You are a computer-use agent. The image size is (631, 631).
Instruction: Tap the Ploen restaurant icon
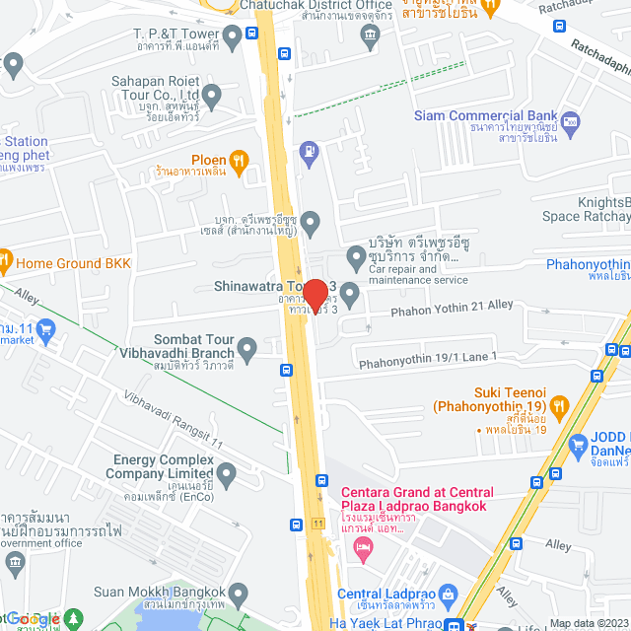click(237, 160)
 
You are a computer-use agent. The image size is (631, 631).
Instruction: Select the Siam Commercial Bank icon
click(571, 123)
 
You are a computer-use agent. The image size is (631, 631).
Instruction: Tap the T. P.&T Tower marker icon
click(233, 38)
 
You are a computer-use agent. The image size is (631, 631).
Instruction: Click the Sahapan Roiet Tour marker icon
click(212, 95)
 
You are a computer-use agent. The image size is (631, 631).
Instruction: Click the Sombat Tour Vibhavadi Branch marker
click(246, 347)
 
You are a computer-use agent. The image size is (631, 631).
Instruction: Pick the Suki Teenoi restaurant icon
click(560, 404)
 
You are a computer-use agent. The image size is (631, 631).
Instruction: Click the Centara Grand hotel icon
click(364, 546)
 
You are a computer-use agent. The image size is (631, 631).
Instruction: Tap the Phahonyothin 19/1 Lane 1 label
click(428, 357)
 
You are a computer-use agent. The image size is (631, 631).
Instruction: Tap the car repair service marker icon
click(356, 259)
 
